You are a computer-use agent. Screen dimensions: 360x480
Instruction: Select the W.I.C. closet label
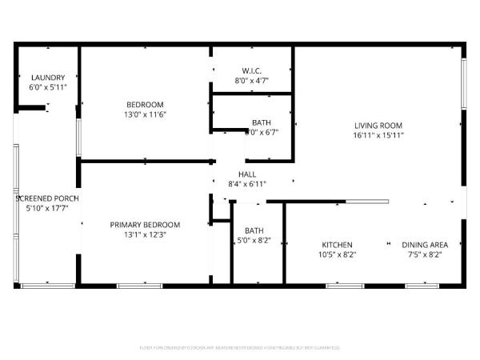tap(250, 70)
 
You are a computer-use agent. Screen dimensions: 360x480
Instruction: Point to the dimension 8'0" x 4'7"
tap(250, 80)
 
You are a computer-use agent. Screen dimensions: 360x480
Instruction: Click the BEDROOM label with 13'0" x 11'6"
tap(145, 105)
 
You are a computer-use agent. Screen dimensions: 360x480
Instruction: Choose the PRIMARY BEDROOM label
tap(145, 225)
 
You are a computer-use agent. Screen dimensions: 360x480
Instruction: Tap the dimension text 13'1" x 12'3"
tap(145, 234)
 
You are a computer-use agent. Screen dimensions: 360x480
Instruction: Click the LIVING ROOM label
tap(378, 125)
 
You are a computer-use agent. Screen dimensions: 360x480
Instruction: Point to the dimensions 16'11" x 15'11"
tap(378, 134)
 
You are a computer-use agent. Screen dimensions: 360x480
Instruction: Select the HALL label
tap(247, 174)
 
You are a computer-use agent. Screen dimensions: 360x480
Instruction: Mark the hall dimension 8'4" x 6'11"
tap(247, 183)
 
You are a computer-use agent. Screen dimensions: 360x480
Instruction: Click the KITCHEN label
tap(337, 245)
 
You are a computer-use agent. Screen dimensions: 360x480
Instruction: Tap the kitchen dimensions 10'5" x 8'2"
tap(337, 254)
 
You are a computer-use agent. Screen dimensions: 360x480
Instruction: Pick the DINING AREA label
tap(424, 245)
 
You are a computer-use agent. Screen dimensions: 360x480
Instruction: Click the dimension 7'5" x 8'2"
tap(424, 254)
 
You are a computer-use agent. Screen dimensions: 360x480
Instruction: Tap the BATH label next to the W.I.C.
tap(261, 122)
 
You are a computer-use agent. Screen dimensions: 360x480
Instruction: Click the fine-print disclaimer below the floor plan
tap(240, 348)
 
